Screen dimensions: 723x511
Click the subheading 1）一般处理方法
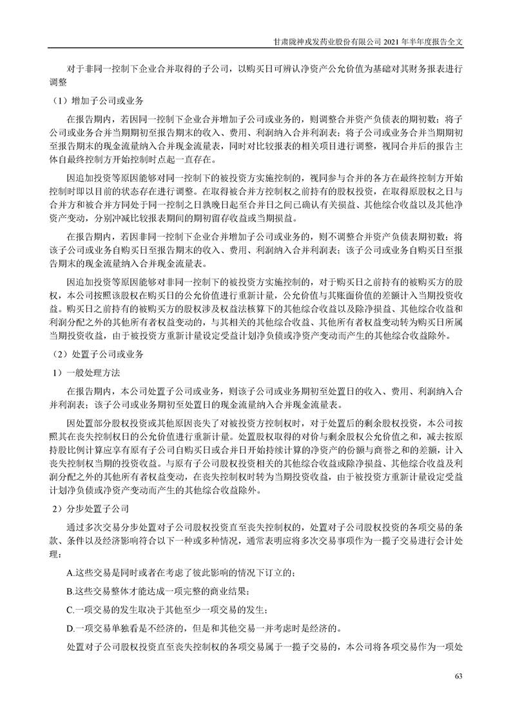86,373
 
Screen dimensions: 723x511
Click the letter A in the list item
70,573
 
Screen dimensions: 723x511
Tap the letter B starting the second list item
70,591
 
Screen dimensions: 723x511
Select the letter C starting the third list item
70,609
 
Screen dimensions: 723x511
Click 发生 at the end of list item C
252,609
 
